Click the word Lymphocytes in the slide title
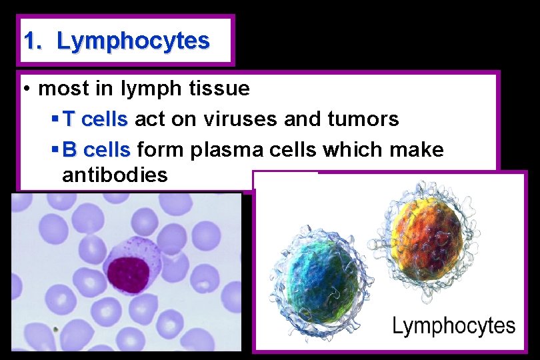pos(133,41)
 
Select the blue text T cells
pos(95,119)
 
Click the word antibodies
pos(114,175)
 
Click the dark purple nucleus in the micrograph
pos(128,273)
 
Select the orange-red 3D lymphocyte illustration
pos(427,239)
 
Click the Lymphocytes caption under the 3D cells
pos(453,326)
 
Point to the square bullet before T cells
pos(55,119)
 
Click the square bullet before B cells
pos(55,150)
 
